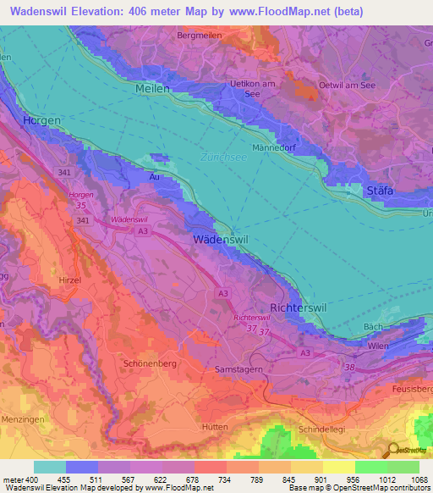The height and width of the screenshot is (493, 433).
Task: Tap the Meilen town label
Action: tap(152, 88)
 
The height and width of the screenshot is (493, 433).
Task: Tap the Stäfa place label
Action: tap(380, 191)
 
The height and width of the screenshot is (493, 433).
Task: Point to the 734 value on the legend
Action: tap(224, 479)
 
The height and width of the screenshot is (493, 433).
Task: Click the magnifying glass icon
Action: tap(391, 449)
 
